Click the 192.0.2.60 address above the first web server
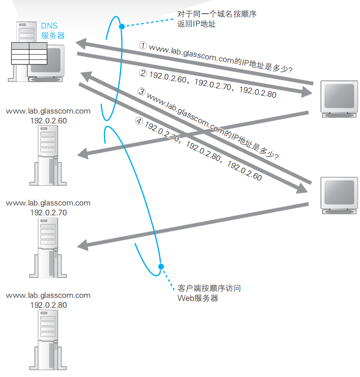(x=49, y=120)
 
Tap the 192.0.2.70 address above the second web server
(x=49, y=212)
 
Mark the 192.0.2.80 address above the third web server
(x=49, y=304)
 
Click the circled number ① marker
(x=143, y=45)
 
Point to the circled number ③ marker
(x=141, y=91)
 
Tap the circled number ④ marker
(x=138, y=121)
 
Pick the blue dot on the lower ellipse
(x=160, y=266)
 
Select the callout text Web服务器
(x=198, y=298)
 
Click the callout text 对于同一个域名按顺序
(x=217, y=14)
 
